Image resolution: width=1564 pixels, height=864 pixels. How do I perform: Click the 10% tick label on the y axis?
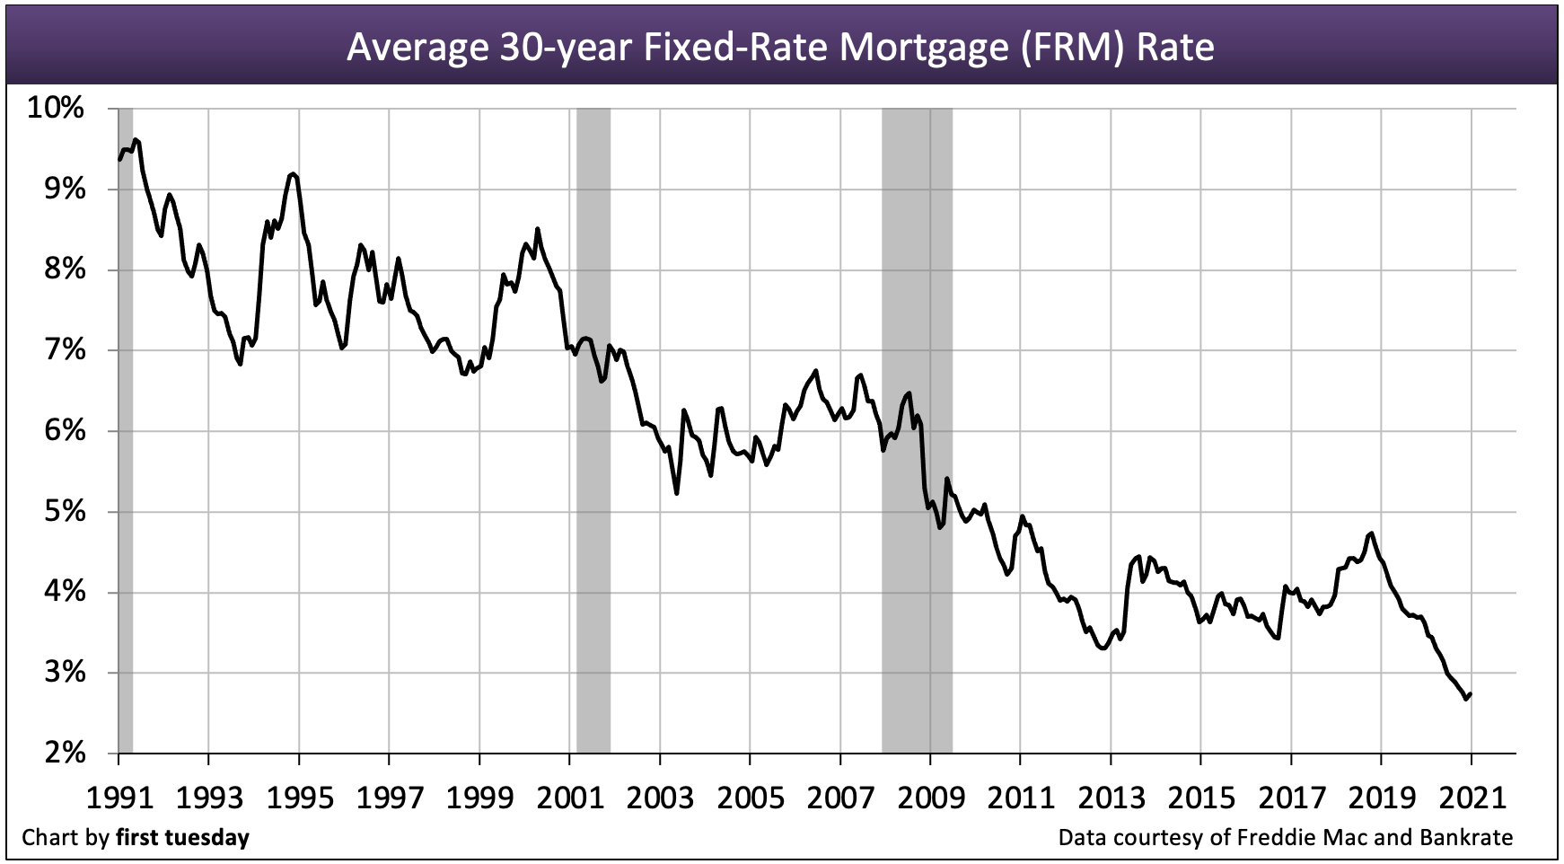(x=56, y=109)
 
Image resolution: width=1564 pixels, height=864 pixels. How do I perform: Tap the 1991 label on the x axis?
(x=118, y=796)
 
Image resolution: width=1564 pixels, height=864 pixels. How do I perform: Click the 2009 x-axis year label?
(x=929, y=796)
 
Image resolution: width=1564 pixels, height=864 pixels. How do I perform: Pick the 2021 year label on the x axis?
(x=1471, y=796)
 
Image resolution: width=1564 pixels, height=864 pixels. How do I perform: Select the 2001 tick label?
(x=569, y=796)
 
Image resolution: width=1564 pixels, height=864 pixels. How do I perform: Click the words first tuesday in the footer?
(x=182, y=838)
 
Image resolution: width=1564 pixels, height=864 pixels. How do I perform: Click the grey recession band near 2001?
(x=593, y=431)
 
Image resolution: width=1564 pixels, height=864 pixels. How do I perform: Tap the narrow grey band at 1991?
(x=125, y=431)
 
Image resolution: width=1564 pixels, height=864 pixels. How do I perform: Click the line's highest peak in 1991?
(x=135, y=139)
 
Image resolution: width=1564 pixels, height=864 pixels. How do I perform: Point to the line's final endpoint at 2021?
(x=1470, y=693)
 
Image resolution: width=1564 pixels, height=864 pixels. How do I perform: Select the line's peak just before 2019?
(x=1371, y=533)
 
